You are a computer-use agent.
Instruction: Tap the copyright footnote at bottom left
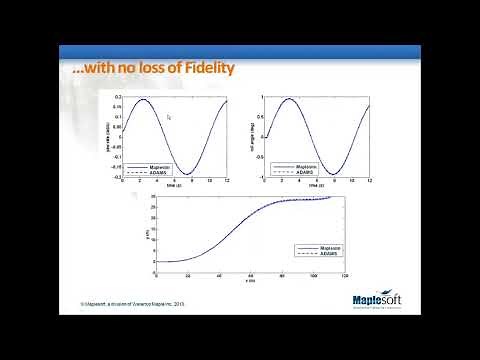tap(135, 303)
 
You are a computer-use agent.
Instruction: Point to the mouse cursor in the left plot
tap(169, 117)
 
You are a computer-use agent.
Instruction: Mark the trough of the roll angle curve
tap(341, 175)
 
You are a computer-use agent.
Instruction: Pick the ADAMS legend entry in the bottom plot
tap(327, 252)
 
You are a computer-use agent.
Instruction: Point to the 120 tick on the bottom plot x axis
tap(345, 267)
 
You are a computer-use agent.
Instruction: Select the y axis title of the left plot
tap(107, 138)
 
